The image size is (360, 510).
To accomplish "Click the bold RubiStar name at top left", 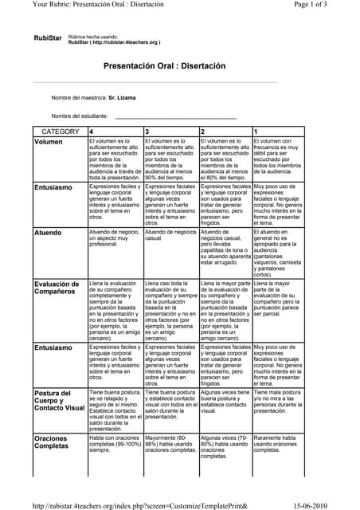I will coord(48,38).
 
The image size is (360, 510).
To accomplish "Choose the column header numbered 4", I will coord(92,131).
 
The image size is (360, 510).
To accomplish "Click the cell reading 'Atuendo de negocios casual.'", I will coord(170,235).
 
